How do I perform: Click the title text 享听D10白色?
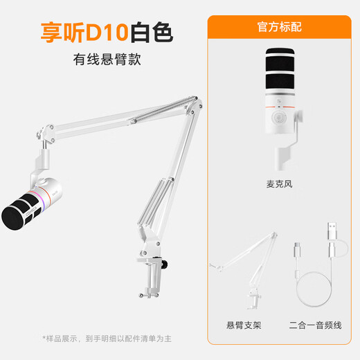tap(107, 32)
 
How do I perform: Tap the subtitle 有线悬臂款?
tap(107, 59)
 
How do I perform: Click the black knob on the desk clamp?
tap(168, 264)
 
